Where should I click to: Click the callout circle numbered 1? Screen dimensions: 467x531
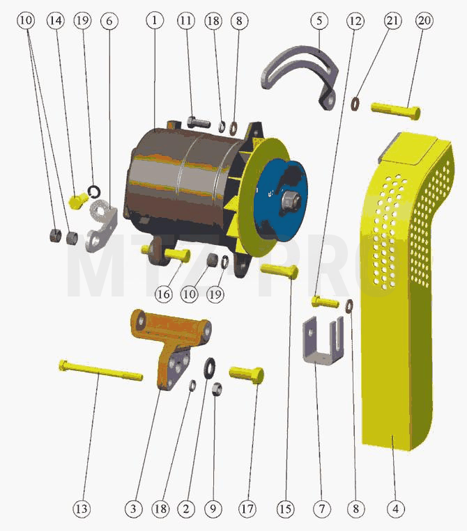[155, 20]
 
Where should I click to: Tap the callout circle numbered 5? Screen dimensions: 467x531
[319, 20]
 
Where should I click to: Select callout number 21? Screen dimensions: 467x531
[392, 20]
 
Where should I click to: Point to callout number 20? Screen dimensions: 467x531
[424, 20]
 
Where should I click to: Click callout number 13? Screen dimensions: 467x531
[82, 509]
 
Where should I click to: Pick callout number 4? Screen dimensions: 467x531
[395, 509]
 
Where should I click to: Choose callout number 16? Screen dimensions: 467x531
[164, 294]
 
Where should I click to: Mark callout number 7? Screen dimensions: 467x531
[321, 509]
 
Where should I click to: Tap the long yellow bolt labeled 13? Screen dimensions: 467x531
[101, 370]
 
